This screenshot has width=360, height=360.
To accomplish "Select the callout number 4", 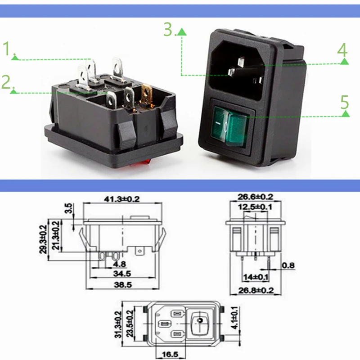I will pos(343,50).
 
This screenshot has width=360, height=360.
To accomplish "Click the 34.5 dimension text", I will pos(123,273).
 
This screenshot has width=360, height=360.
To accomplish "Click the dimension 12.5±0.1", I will pos(255,207).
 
